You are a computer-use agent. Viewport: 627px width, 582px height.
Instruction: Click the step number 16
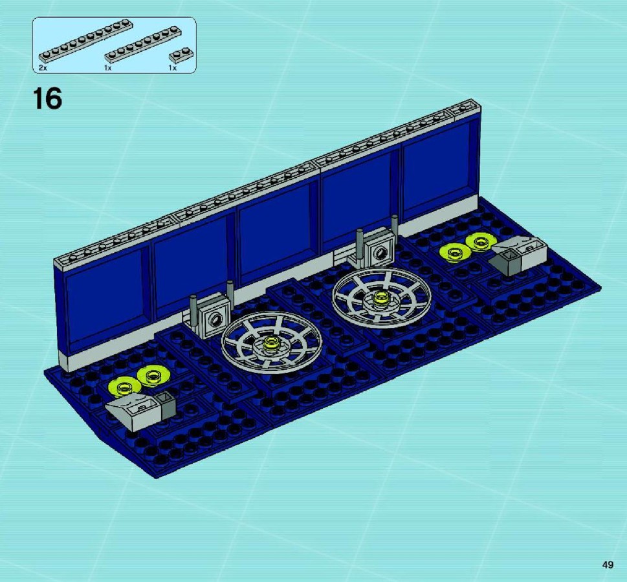(48, 98)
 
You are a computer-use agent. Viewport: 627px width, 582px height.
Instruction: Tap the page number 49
(608, 565)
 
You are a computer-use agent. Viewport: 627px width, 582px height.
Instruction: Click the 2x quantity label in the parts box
(43, 68)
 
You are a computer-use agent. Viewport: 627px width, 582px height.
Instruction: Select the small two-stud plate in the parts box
(181, 56)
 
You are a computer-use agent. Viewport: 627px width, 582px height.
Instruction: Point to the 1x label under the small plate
(173, 68)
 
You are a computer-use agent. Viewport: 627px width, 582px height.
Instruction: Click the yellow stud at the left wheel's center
(272, 343)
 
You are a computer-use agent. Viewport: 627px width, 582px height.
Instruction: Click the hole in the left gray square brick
(216, 319)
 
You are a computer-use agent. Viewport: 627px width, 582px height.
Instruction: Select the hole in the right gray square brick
(381, 252)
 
